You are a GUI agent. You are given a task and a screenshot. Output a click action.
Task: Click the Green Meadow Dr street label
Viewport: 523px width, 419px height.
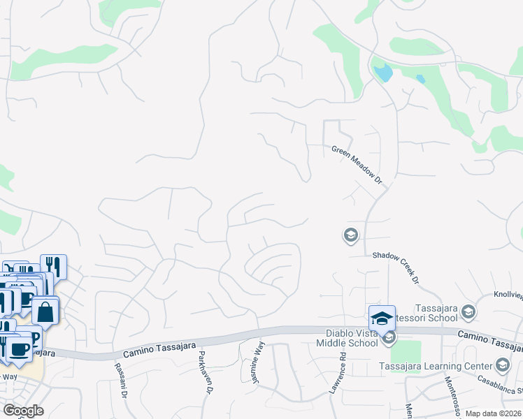[x=357, y=164]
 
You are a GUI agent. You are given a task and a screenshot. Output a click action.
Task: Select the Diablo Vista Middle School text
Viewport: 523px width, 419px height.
[x=351, y=338]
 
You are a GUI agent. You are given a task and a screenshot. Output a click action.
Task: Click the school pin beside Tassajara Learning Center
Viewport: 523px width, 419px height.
[x=502, y=365]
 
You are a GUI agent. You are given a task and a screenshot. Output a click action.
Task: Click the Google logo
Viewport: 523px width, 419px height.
[x=23, y=411]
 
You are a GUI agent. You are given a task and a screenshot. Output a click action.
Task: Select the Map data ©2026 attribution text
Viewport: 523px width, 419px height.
[x=492, y=413]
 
